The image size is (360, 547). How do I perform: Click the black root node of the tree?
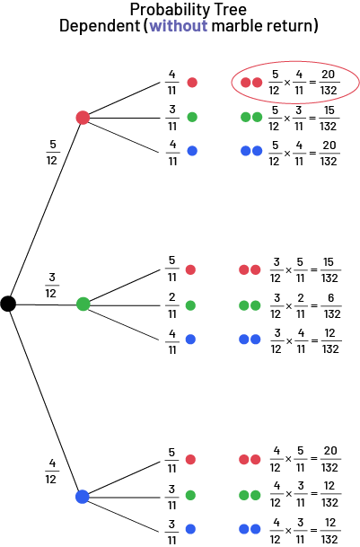pyautogui.click(x=8, y=304)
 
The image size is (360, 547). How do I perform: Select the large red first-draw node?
pyautogui.click(x=83, y=118)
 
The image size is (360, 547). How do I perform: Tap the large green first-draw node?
pyautogui.click(x=83, y=304)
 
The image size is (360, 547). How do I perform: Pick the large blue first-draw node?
pyautogui.click(x=83, y=497)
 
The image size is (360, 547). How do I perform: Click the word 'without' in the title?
pyautogui.click(x=179, y=26)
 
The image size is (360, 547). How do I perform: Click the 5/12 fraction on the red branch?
pyautogui.click(x=52, y=152)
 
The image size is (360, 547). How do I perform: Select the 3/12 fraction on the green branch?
pyautogui.click(x=51, y=285)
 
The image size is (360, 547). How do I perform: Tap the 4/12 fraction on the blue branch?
pyautogui.click(x=51, y=472)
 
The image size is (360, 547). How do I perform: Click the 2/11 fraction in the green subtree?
pyautogui.click(x=172, y=305)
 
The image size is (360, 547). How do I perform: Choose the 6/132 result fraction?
pyautogui.click(x=331, y=306)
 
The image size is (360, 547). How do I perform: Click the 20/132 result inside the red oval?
pyautogui.click(x=329, y=83)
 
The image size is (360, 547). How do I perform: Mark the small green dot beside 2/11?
pyautogui.click(x=190, y=305)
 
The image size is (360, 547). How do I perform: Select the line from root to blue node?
pyautogui.click(x=46, y=400)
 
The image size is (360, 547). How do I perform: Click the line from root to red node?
pyautogui.click(x=46, y=211)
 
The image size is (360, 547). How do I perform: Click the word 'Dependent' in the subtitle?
pyautogui.click(x=100, y=26)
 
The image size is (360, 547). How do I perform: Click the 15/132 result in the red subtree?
pyautogui.click(x=329, y=118)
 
